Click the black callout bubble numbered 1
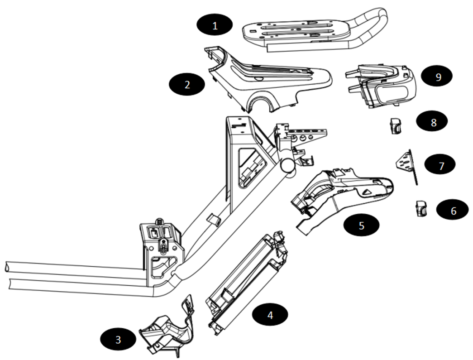pos(215,25)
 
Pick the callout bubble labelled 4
pos(270,314)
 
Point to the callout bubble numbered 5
pos(361,225)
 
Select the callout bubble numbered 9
pos(438,77)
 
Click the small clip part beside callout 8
pos(395,126)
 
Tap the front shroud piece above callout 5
pos(344,190)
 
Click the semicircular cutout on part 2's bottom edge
pos(263,106)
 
